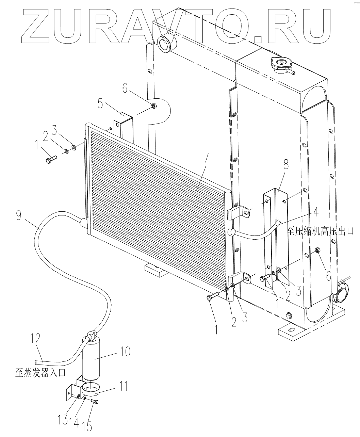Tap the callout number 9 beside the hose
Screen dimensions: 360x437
point(19,215)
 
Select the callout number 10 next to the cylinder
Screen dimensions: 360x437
point(125,352)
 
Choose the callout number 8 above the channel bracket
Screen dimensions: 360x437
point(286,164)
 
